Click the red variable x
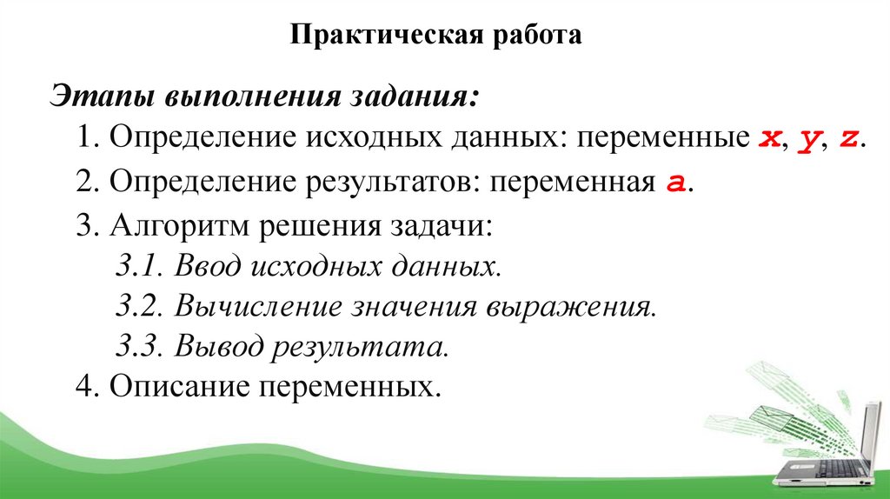coord(767,139)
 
